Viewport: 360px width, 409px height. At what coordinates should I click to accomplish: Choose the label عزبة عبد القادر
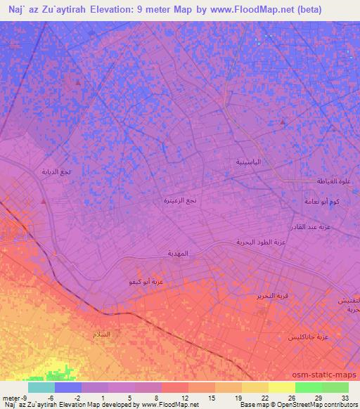311,227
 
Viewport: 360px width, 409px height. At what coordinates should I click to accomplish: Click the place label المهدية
179,253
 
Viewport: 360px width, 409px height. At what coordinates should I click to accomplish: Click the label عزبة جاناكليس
308,337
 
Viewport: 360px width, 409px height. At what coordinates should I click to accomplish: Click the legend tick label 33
344,397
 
